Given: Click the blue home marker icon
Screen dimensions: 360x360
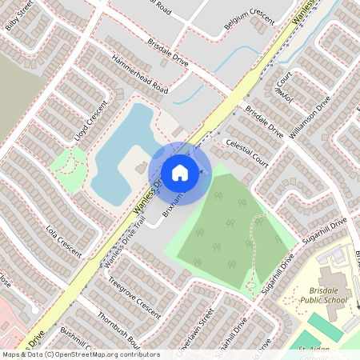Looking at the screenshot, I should [x=180, y=173].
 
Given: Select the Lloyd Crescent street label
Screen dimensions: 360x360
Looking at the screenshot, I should [x=90, y=120].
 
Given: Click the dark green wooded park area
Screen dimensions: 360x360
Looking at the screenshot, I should [x=232, y=232].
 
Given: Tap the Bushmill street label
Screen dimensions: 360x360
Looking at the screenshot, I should [x=76, y=340].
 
